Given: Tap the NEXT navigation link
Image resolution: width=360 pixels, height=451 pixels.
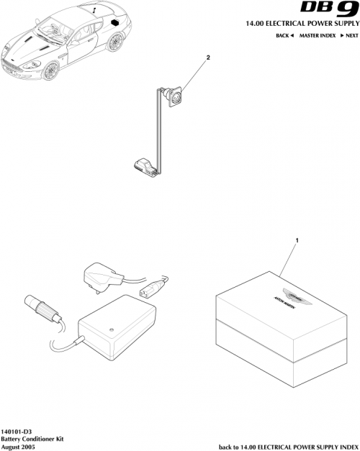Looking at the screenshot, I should pyautogui.click(x=349, y=35).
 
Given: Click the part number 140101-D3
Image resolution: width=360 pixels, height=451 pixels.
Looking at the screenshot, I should pyautogui.click(x=17, y=429).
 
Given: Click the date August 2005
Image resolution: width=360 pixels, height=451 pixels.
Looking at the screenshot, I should pyautogui.click(x=18, y=446).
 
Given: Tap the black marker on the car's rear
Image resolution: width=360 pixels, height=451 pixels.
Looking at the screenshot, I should pyautogui.click(x=114, y=22).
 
